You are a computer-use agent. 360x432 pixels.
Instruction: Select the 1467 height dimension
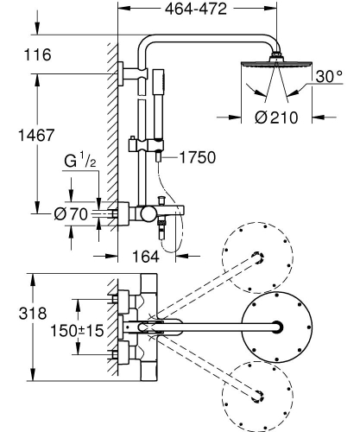(35, 136)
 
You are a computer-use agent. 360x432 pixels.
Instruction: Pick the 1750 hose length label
(197, 158)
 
